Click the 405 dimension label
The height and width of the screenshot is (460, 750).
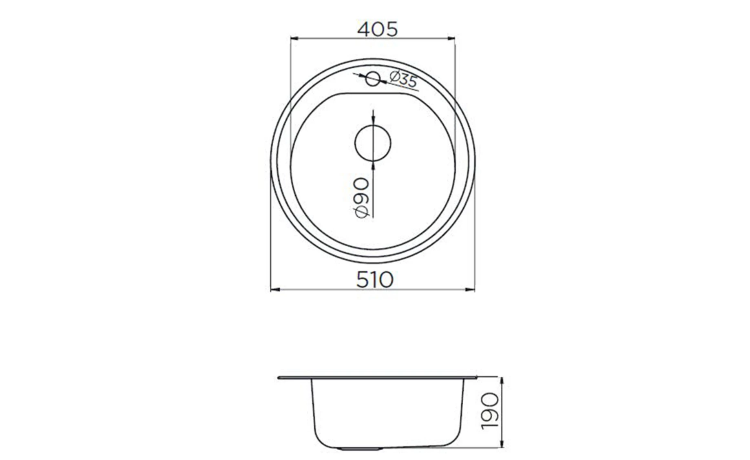(x=377, y=29)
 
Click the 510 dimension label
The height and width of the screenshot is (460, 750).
(x=375, y=280)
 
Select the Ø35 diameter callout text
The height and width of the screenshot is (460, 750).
(x=403, y=79)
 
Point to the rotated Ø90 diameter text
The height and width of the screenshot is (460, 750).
(x=362, y=198)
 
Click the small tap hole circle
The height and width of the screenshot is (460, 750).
(x=373, y=79)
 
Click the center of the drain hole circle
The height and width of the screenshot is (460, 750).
(x=373, y=143)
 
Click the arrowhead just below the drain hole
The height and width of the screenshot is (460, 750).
(x=373, y=165)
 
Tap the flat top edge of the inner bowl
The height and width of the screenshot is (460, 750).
(x=373, y=94)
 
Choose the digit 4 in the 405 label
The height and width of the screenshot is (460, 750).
(x=365, y=29)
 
